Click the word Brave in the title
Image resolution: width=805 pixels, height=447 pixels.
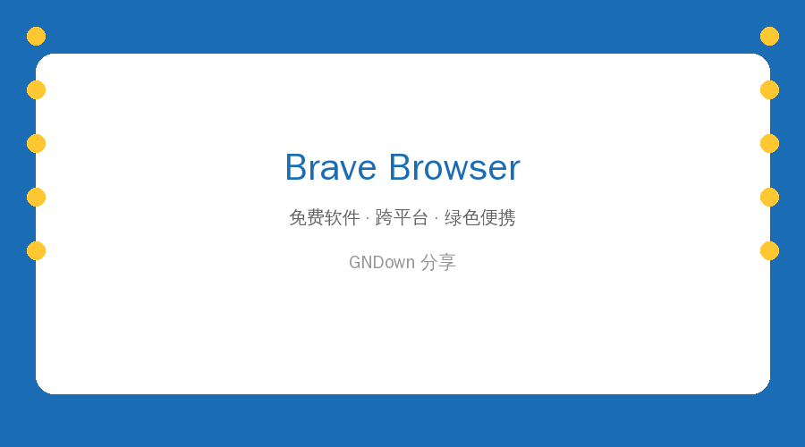331,167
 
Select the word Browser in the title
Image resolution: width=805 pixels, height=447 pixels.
454,167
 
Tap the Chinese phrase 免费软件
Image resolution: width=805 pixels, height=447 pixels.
325,217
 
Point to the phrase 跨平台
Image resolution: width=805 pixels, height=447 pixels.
402,217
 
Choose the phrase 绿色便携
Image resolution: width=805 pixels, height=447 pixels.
480,217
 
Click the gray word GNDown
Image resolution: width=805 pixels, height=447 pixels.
382,262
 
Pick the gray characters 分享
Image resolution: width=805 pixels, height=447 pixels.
438,262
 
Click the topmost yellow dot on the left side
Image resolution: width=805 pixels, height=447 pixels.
36,37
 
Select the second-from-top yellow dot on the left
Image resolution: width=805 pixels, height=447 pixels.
36,89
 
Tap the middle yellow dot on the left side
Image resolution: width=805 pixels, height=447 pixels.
36,144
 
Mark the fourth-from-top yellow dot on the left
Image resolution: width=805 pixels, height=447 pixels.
36,197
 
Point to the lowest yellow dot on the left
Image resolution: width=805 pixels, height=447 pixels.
36,251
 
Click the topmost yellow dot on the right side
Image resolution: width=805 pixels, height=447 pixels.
769,37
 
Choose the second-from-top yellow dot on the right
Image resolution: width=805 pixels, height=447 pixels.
769,89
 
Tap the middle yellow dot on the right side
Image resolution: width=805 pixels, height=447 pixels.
769,144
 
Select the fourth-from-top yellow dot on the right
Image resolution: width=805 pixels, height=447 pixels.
769,197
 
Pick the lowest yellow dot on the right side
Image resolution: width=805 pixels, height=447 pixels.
769,251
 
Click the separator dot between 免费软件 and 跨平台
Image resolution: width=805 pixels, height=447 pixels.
368,219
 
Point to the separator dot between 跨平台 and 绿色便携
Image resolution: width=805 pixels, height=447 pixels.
436,219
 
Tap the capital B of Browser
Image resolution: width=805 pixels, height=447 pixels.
400,167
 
